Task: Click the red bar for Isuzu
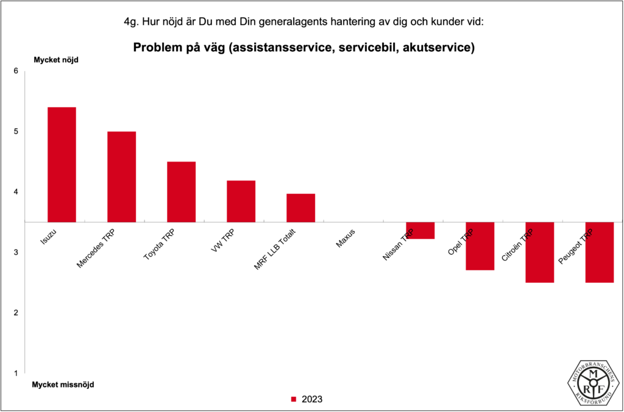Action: (x=62, y=165)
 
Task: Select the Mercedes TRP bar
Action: (x=121, y=177)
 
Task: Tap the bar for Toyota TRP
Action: (x=181, y=191)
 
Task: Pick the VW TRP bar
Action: (x=241, y=201)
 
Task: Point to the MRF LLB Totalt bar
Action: (x=300, y=208)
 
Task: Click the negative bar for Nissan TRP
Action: (x=420, y=230)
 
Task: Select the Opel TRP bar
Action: (x=480, y=246)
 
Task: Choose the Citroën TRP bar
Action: (x=539, y=252)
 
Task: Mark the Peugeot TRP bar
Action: (x=599, y=252)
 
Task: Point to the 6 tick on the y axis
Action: (x=16, y=71)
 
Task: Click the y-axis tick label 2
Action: (x=16, y=313)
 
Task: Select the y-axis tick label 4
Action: (x=16, y=192)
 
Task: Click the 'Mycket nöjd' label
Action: (x=55, y=60)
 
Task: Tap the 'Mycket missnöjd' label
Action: (x=63, y=385)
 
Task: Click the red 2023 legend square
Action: (x=293, y=400)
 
